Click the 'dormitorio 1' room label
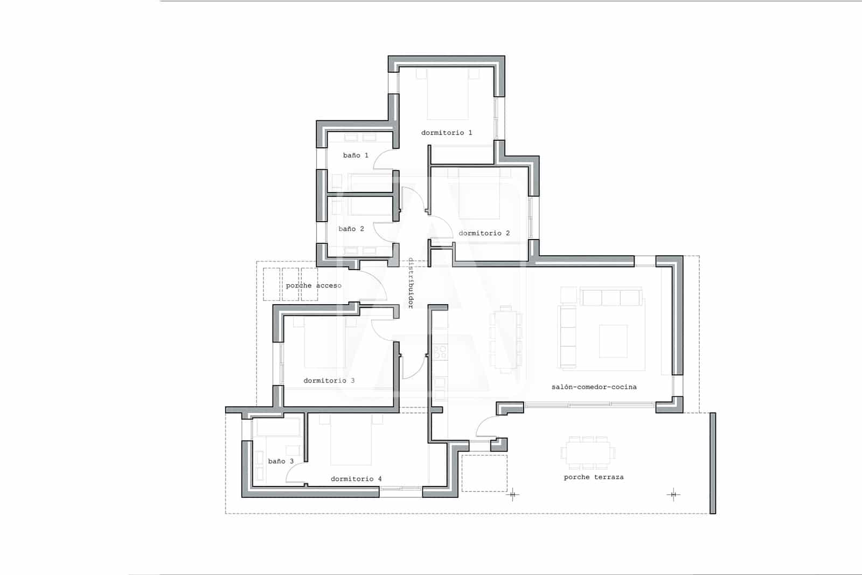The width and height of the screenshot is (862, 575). click(x=447, y=133)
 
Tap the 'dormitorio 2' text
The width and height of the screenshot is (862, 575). click(x=484, y=233)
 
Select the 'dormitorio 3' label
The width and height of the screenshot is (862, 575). click(x=329, y=380)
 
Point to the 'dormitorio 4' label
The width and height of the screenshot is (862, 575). click(x=356, y=478)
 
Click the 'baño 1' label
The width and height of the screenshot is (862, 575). click(x=356, y=155)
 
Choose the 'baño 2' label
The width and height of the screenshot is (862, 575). click(x=351, y=229)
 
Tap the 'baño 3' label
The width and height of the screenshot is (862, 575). click(x=281, y=461)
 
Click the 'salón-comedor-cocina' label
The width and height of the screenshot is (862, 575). click(x=594, y=387)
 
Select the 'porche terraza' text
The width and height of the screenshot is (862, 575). click(x=593, y=477)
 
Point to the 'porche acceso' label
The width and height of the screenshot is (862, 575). click(x=314, y=285)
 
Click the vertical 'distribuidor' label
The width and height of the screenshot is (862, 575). click(x=411, y=283)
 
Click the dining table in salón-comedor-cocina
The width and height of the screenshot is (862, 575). click(x=505, y=340)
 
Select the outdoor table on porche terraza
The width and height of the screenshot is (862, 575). click(x=588, y=452)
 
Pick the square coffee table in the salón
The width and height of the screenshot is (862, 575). click(x=613, y=341)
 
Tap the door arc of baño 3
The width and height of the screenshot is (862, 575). click(x=296, y=473)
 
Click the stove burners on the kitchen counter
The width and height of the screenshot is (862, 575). click(x=440, y=352)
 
